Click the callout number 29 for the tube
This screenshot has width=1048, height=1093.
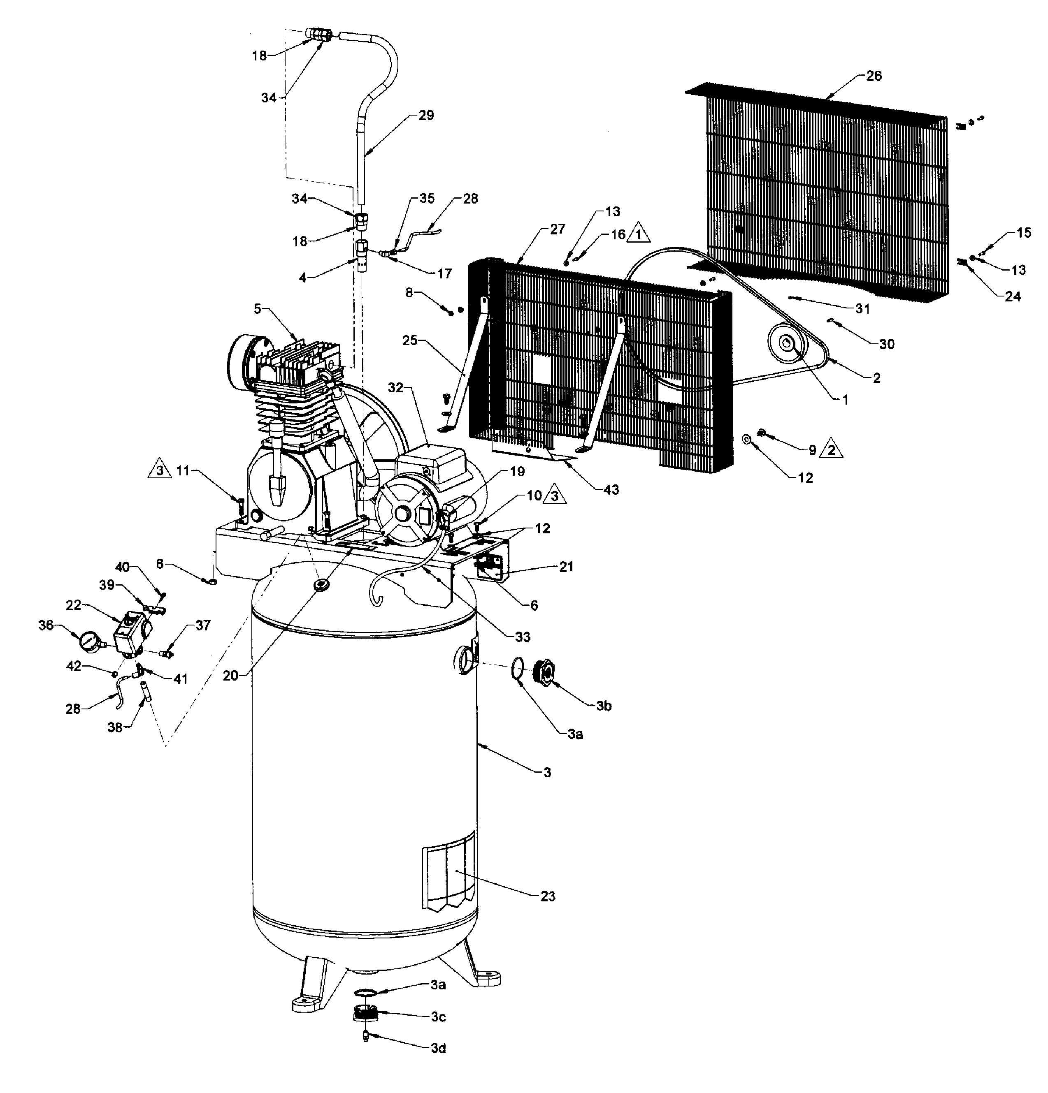point(426,116)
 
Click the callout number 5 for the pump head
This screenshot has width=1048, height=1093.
point(257,308)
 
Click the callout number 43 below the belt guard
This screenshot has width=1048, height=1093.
point(611,490)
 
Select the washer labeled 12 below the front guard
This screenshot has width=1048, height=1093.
point(747,439)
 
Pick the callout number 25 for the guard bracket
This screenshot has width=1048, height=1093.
point(410,340)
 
